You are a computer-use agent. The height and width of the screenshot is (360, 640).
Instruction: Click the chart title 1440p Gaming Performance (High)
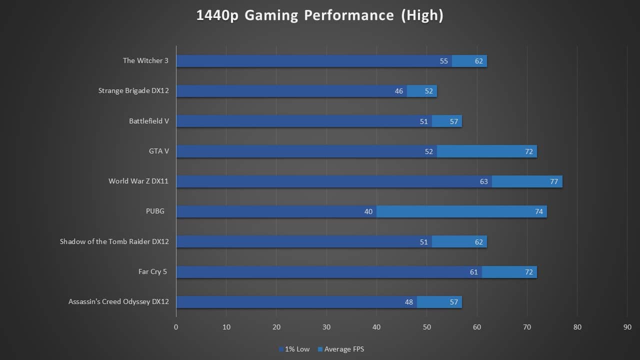point(320,15)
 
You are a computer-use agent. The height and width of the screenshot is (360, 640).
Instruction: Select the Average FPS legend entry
point(344,349)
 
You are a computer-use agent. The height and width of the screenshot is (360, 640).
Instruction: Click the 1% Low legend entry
point(297,349)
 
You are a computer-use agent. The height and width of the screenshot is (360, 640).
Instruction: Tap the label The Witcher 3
point(145,60)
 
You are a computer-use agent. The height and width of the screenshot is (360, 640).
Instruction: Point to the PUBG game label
point(155,211)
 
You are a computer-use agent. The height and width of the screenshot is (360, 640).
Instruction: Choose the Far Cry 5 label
point(152,271)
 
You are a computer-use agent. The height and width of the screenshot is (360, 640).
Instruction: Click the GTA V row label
point(158,151)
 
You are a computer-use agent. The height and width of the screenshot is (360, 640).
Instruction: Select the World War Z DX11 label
point(138,181)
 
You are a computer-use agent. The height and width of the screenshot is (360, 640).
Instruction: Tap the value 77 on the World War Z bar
point(554,181)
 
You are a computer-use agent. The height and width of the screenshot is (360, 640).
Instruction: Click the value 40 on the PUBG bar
point(368,211)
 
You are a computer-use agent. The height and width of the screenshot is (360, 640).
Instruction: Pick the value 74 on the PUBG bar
point(539,211)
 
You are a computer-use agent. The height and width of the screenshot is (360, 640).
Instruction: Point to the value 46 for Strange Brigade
point(399,91)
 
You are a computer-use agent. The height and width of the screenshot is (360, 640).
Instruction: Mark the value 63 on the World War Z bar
point(484,181)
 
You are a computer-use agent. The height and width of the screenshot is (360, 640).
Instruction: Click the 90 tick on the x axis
point(627,327)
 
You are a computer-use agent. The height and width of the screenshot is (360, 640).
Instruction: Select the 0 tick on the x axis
point(176,327)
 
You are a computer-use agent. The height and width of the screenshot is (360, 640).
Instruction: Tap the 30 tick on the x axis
point(326,327)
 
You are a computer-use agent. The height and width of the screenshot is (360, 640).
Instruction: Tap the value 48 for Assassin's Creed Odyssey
point(409,302)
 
